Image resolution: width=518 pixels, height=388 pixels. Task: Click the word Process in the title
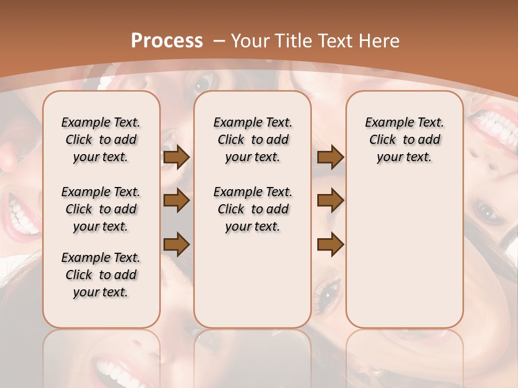pos(167,40)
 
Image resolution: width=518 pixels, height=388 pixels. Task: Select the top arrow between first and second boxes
pos(176,157)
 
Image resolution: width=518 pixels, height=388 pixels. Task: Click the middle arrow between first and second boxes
pos(176,200)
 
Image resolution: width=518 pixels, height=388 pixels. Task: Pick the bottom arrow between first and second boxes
pos(176,244)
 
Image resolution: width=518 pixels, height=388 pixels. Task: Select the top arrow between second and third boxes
pos(330,157)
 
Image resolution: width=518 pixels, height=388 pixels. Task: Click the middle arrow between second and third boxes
pos(330,200)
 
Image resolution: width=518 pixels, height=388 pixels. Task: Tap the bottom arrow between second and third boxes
pos(330,244)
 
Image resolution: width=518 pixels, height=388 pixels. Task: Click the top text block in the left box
pos(101,140)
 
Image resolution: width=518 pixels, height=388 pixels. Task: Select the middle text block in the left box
pos(101,209)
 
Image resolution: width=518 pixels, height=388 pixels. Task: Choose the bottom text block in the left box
pos(101,275)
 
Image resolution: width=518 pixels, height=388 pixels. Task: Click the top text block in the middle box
pos(253,140)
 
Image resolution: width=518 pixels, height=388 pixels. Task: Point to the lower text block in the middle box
pos(253,209)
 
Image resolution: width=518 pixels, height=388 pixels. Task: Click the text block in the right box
pos(404,140)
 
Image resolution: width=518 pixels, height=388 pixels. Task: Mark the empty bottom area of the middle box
pos(253,286)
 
